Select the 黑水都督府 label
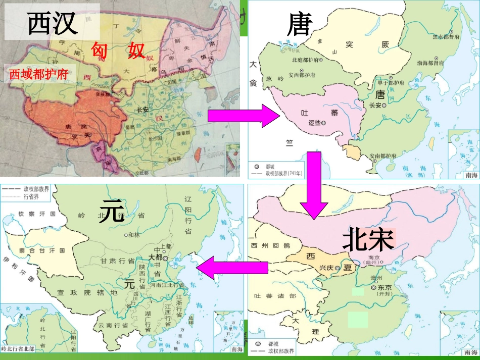click(x=446, y=37)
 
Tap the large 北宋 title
click(x=367, y=239)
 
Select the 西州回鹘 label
click(x=270, y=246)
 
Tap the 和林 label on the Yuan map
click(x=134, y=235)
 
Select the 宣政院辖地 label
click(x=87, y=292)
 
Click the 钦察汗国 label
click(x=36, y=214)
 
